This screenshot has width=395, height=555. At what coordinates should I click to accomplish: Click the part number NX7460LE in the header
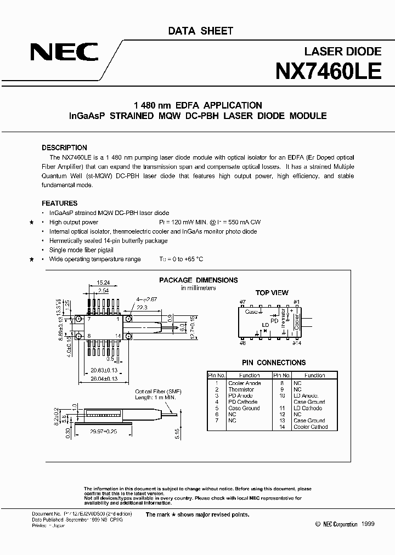coord(328,72)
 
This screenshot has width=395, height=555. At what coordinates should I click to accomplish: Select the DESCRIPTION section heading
coord(64,148)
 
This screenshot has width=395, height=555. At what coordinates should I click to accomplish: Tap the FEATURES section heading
coord(59,203)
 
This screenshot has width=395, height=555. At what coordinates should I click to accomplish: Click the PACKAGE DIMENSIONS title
coord(199,280)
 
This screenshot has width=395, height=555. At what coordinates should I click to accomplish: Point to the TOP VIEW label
coord(272,293)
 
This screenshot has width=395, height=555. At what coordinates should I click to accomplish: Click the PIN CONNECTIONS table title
coord(274,363)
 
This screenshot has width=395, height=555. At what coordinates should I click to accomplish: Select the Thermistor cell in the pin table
coord(241,389)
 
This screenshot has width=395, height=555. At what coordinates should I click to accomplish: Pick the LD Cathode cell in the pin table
coord(308,408)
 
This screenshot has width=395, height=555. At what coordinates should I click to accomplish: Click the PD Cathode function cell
coord(243,402)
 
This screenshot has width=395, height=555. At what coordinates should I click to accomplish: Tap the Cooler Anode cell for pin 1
coord(244,383)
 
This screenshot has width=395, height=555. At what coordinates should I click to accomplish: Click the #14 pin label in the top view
coord(297,343)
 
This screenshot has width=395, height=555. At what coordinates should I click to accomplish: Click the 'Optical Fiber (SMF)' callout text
coord(158,392)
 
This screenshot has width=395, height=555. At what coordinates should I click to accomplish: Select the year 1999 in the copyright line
coord(368,524)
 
